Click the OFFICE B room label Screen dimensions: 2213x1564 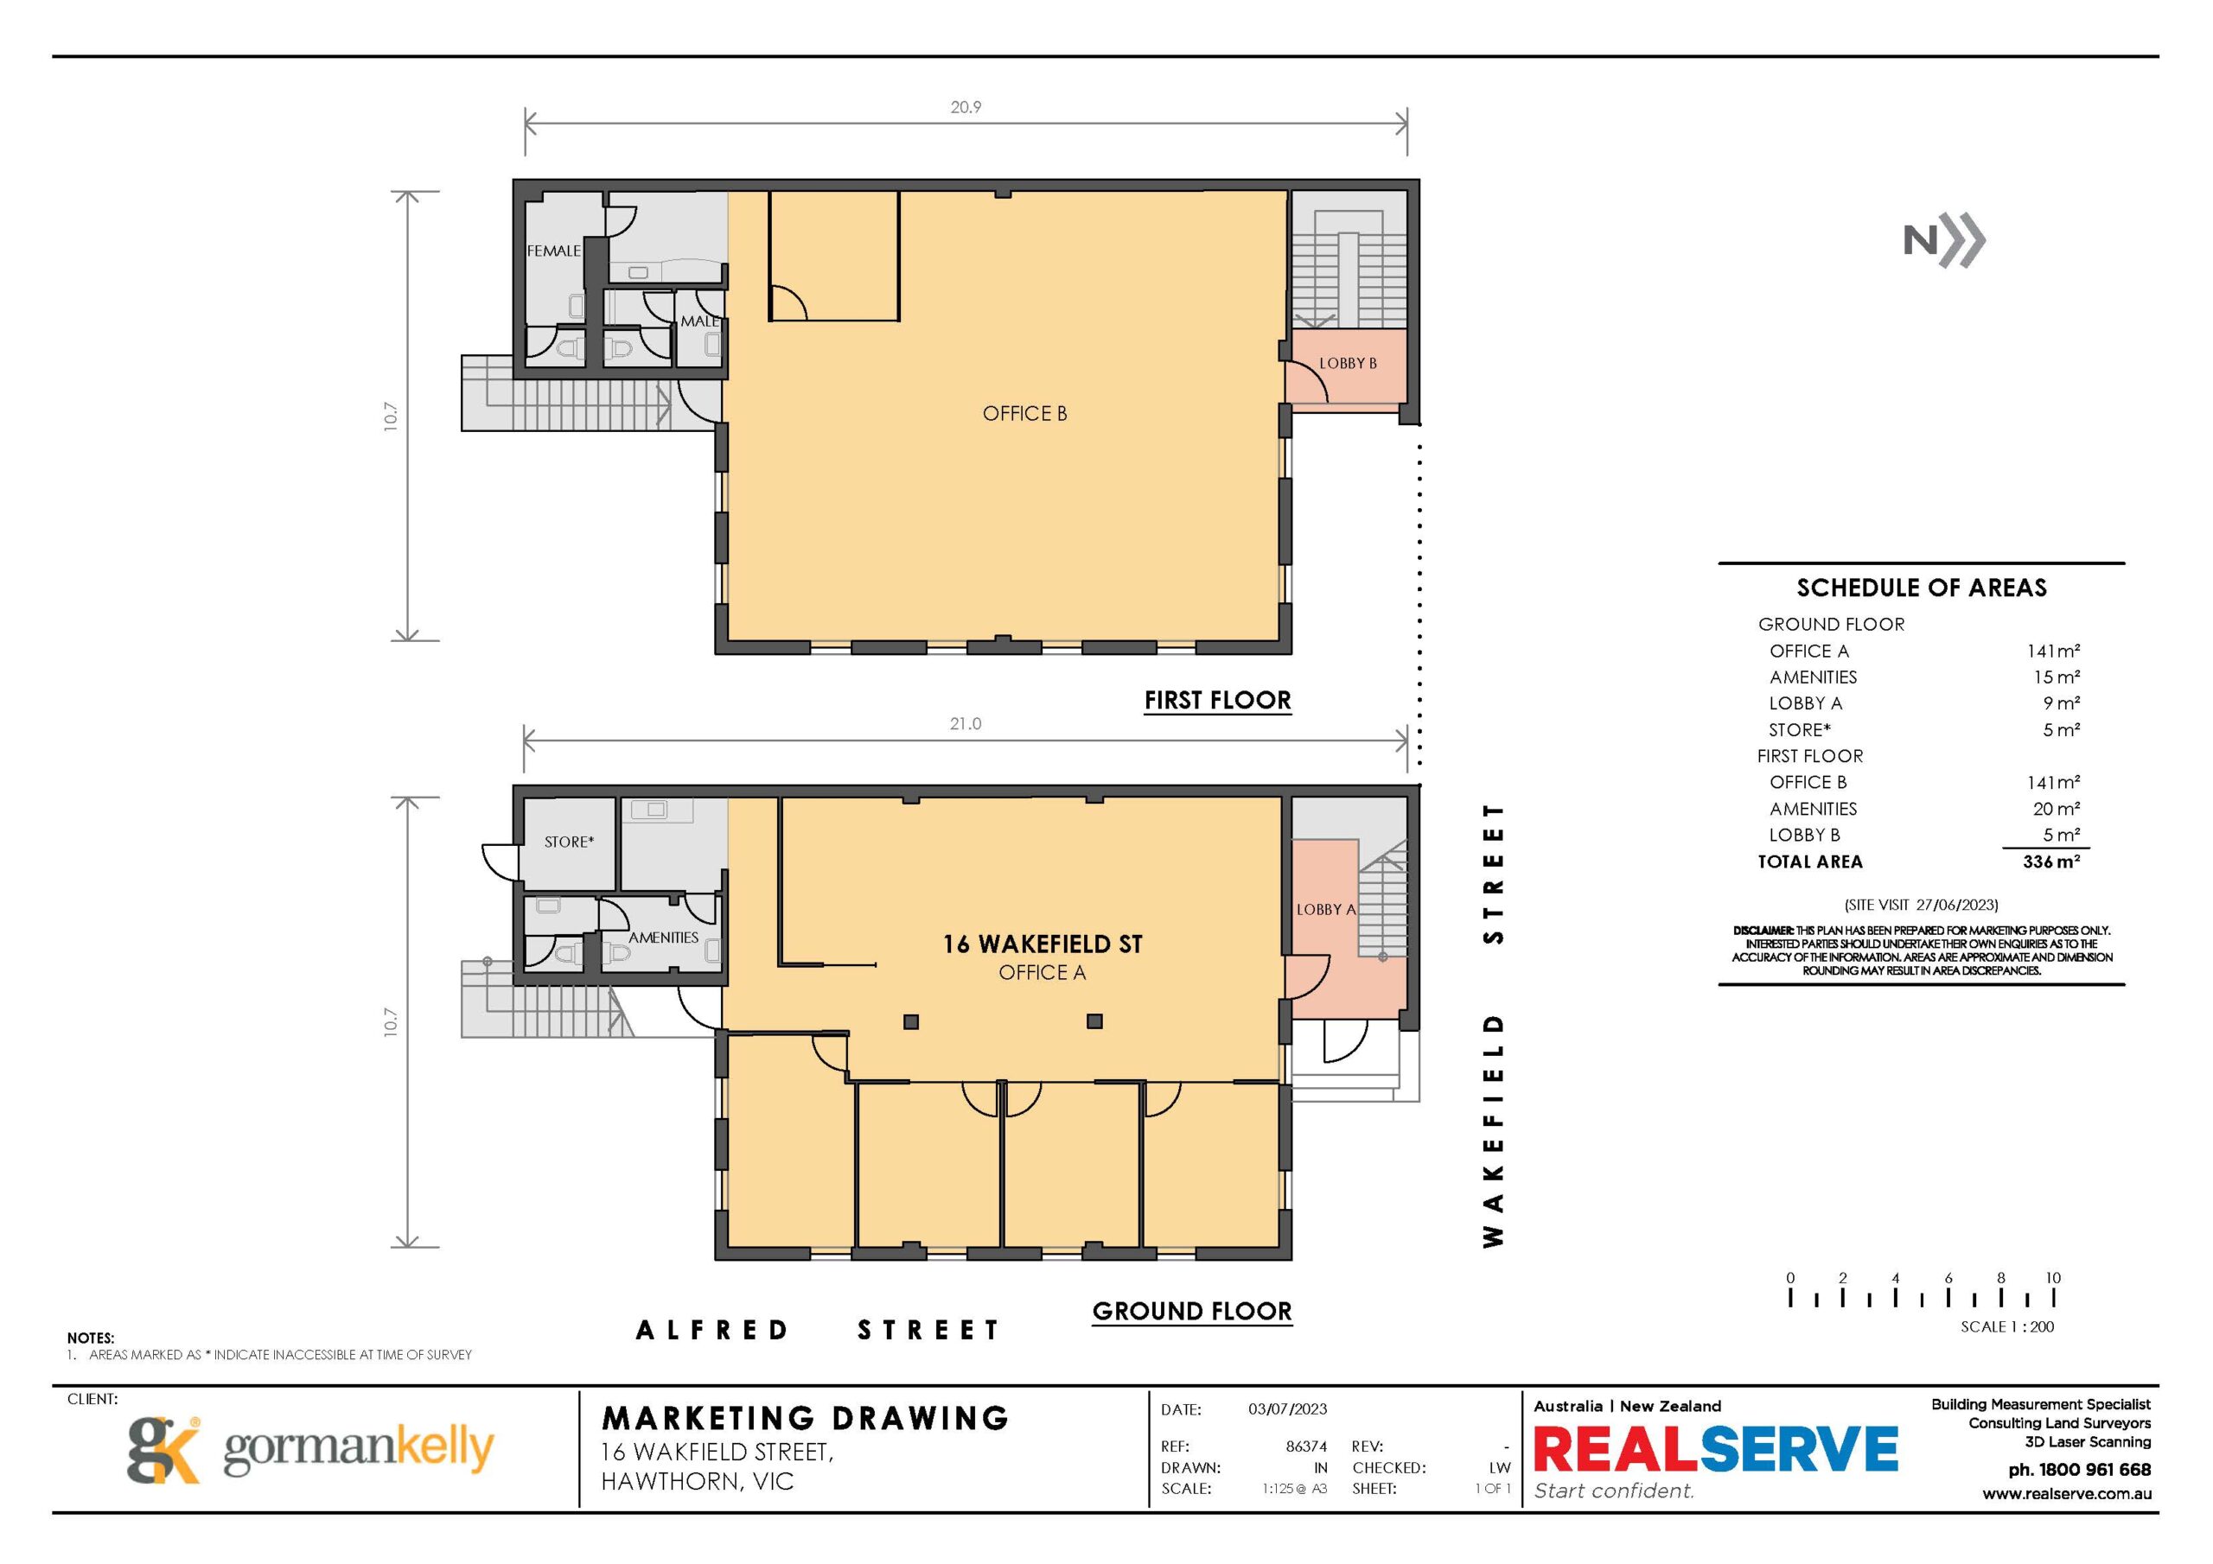(x=1024, y=413)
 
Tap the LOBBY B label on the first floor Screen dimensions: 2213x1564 (x=1348, y=363)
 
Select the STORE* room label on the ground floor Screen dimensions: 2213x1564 (x=569, y=842)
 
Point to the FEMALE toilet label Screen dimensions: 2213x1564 (x=554, y=251)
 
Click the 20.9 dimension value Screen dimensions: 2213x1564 (x=966, y=107)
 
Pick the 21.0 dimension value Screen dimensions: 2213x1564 (x=966, y=724)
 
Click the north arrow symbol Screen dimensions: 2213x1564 (x=1944, y=240)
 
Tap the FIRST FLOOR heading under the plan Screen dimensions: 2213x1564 (x=1217, y=701)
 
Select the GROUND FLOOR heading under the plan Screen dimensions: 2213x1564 (x=1191, y=1311)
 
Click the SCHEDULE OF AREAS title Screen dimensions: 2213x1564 (x=1921, y=588)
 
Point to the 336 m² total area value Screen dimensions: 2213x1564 (x=2051, y=861)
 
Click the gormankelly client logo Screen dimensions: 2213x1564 (x=310, y=1449)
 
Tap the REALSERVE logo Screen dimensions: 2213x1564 (x=1716, y=1449)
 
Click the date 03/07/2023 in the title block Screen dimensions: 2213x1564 (x=1288, y=1408)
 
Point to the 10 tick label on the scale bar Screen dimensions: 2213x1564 (x=2053, y=1278)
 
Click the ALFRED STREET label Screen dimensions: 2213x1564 (x=818, y=1330)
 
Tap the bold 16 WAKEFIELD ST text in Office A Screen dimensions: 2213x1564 (x=1042, y=944)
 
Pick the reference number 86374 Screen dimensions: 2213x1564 (x=1307, y=1446)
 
